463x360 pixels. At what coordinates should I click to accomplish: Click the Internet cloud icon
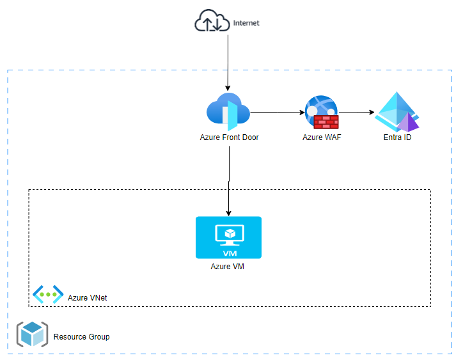[211, 23]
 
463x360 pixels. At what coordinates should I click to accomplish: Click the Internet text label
[246, 23]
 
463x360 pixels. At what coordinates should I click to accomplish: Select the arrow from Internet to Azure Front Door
[228, 61]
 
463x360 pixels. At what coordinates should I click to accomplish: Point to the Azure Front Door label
[229, 137]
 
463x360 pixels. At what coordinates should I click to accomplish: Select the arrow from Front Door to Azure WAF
[276, 113]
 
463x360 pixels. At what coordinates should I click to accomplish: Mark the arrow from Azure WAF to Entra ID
[356, 113]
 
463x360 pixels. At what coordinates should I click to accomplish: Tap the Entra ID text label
[397, 137]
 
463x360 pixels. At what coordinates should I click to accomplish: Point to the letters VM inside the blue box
[228, 252]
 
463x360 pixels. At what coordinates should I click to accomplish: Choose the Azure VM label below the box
[228, 267]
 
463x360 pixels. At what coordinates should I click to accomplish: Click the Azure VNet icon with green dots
[48, 294]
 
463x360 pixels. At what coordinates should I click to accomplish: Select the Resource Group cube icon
[31, 334]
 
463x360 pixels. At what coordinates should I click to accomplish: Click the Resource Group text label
[81, 337]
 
